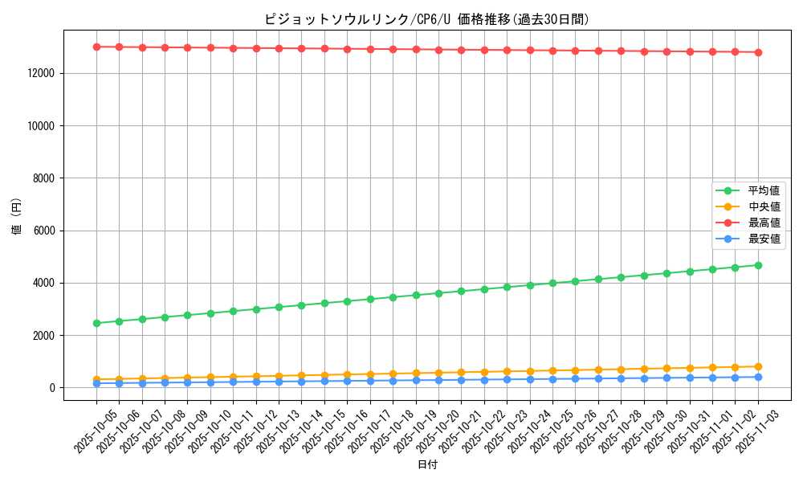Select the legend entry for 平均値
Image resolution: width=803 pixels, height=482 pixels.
tap(764, 191)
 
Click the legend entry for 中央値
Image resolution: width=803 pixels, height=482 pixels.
tap(764, 207)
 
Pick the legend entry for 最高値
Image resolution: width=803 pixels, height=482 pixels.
tap(764, 223)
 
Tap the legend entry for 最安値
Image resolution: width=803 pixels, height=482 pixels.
tap(764, 239)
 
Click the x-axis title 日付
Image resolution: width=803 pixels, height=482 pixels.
tap(427, 464)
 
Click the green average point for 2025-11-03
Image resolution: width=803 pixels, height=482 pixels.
tap(758, 265)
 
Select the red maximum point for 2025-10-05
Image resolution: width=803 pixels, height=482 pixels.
tap(96, 47)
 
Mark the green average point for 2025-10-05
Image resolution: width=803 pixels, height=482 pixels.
tap(96, 323)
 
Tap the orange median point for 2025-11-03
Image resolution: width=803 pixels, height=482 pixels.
tap(758, 366)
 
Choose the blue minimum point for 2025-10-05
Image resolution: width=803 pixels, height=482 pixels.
tap(96, 383)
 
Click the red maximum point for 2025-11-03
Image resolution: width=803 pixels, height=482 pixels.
tap(758, 52)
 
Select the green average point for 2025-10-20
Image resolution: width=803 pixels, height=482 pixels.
tap(438, 293)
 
